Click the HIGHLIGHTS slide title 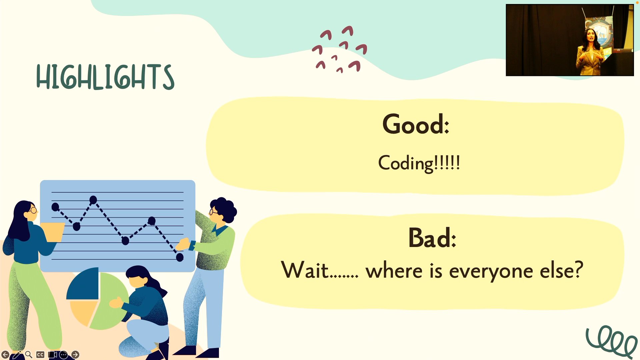pyautogui.click(x=105, y=77)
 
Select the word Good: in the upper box pyautogui.click(x=416, y=124)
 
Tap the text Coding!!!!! pyautogui.click(x=419, y=163)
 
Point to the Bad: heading pyautogui.click(x=432, y=238)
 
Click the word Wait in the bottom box pyautogui.click(x=305, y=270)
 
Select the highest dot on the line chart pyautogui.click(x=93, y=200)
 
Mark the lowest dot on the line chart pyautogui.click(x=180, y=257)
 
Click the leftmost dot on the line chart pyautogui.click(x=55, y=207)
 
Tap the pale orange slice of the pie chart pyautogui.click(x=83, y=312)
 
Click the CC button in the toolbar pyautogui.click(x=40, y=355)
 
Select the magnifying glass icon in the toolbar pyautogui.click(x=29, y=355)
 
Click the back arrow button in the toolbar pyautogui.click(x=5, y=355)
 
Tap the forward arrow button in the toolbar pyautogui.click(x=75, y=355)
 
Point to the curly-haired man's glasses pyautogui.click(x=213, y=211)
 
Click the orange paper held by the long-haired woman pyautogui.click(x=53, y=232)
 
